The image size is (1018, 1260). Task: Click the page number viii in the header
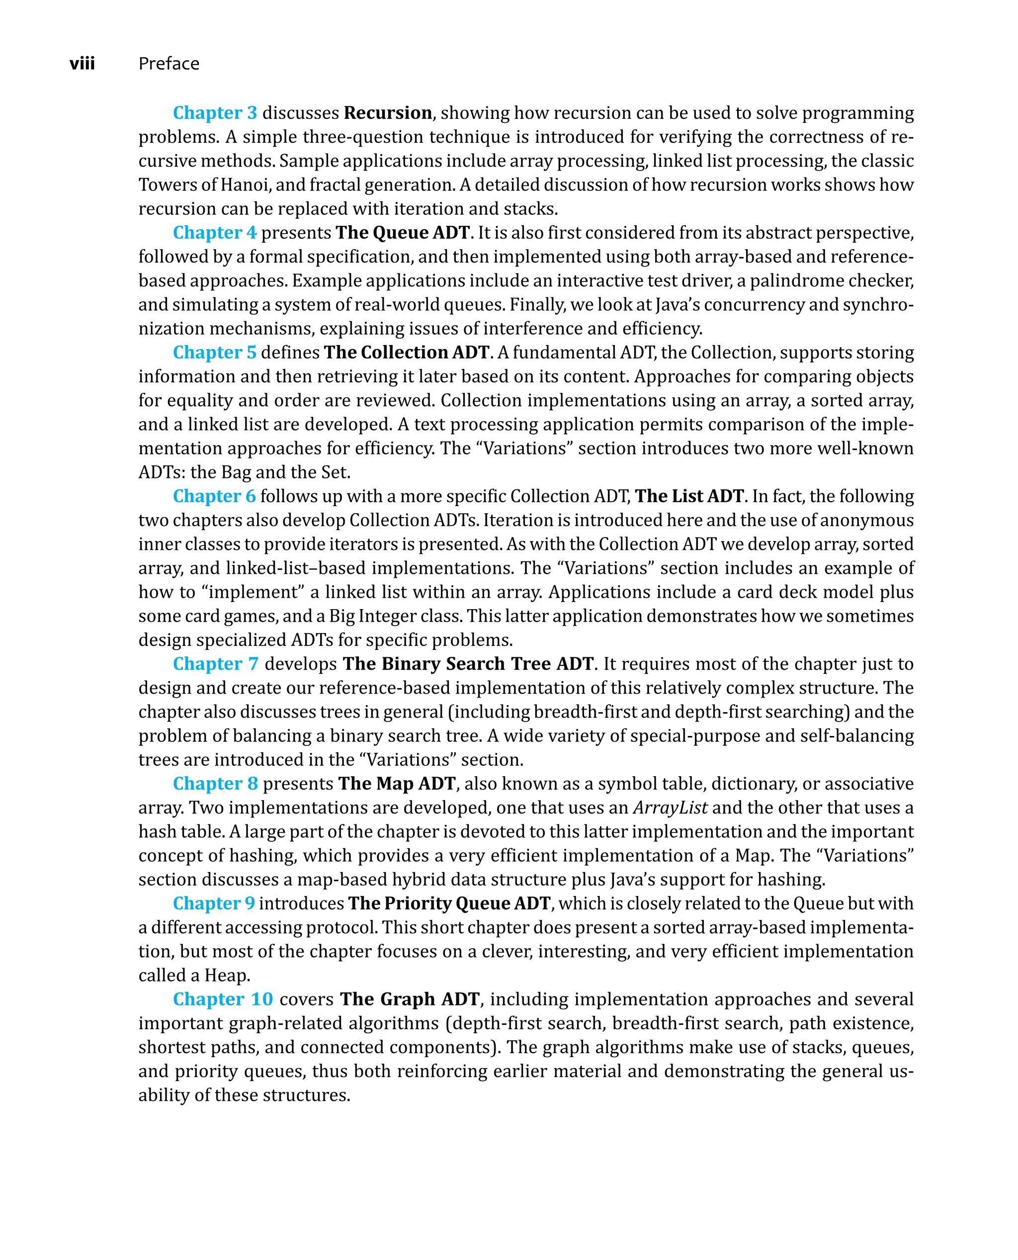coord(82,63)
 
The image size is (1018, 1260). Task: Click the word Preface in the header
coord(169,63)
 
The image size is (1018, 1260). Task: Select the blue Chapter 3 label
coord(215,113)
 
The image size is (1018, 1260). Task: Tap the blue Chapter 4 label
coord(215,232)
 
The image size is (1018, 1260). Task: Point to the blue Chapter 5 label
coord(215,352)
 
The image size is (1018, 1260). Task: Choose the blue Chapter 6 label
coord(215,496)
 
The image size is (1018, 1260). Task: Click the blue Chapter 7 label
coord(215,663)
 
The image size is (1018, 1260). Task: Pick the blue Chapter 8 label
coord(215,783)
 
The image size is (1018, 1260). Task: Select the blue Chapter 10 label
coord(223,999)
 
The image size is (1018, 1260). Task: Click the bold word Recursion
coord(388,113)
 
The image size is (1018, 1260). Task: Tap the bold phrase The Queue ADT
coord(402,232)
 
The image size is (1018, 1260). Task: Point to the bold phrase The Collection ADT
coord(407,352)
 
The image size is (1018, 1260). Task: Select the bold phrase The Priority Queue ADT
coord(449,903)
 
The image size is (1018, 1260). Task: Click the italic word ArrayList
coord(670,808)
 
